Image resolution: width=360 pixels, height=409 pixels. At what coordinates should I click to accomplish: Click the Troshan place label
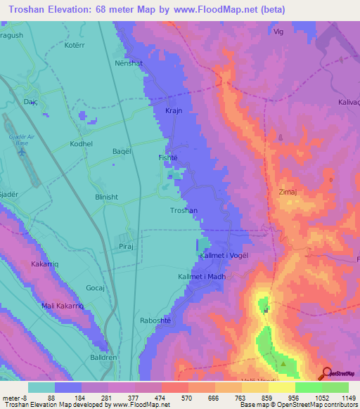[184, 210]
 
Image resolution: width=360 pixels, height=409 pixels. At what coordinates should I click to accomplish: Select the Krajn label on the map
[174, 112]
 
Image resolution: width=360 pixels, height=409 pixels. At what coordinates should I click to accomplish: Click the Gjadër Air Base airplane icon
[21, 150]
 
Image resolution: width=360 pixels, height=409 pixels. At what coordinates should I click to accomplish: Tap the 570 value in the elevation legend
[174, 398]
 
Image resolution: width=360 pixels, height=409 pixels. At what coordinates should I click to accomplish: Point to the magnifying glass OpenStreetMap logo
[328, 373]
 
